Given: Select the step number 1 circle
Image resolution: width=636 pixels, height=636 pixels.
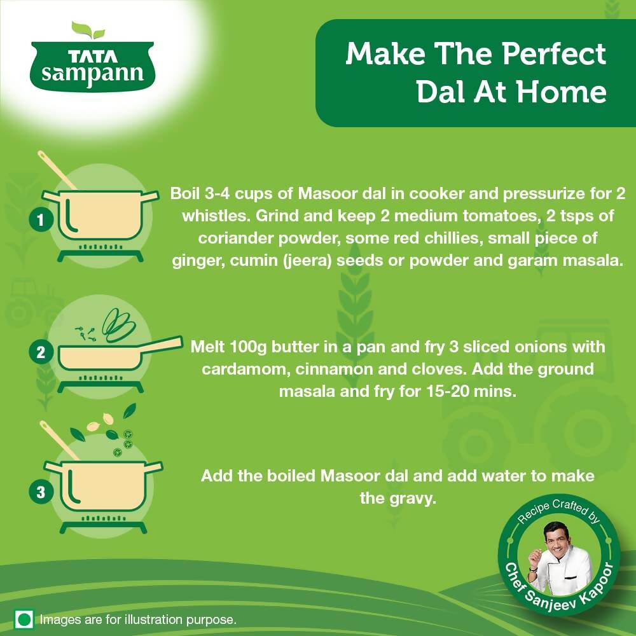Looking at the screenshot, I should (x=40, y=221).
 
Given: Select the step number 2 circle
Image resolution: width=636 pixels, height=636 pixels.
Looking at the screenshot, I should (x=40, y=353).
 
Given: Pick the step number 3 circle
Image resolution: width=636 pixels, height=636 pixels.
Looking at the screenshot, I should (x=40, y=492).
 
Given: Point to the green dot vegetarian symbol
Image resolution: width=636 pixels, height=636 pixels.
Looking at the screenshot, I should (x=25, y=619).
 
